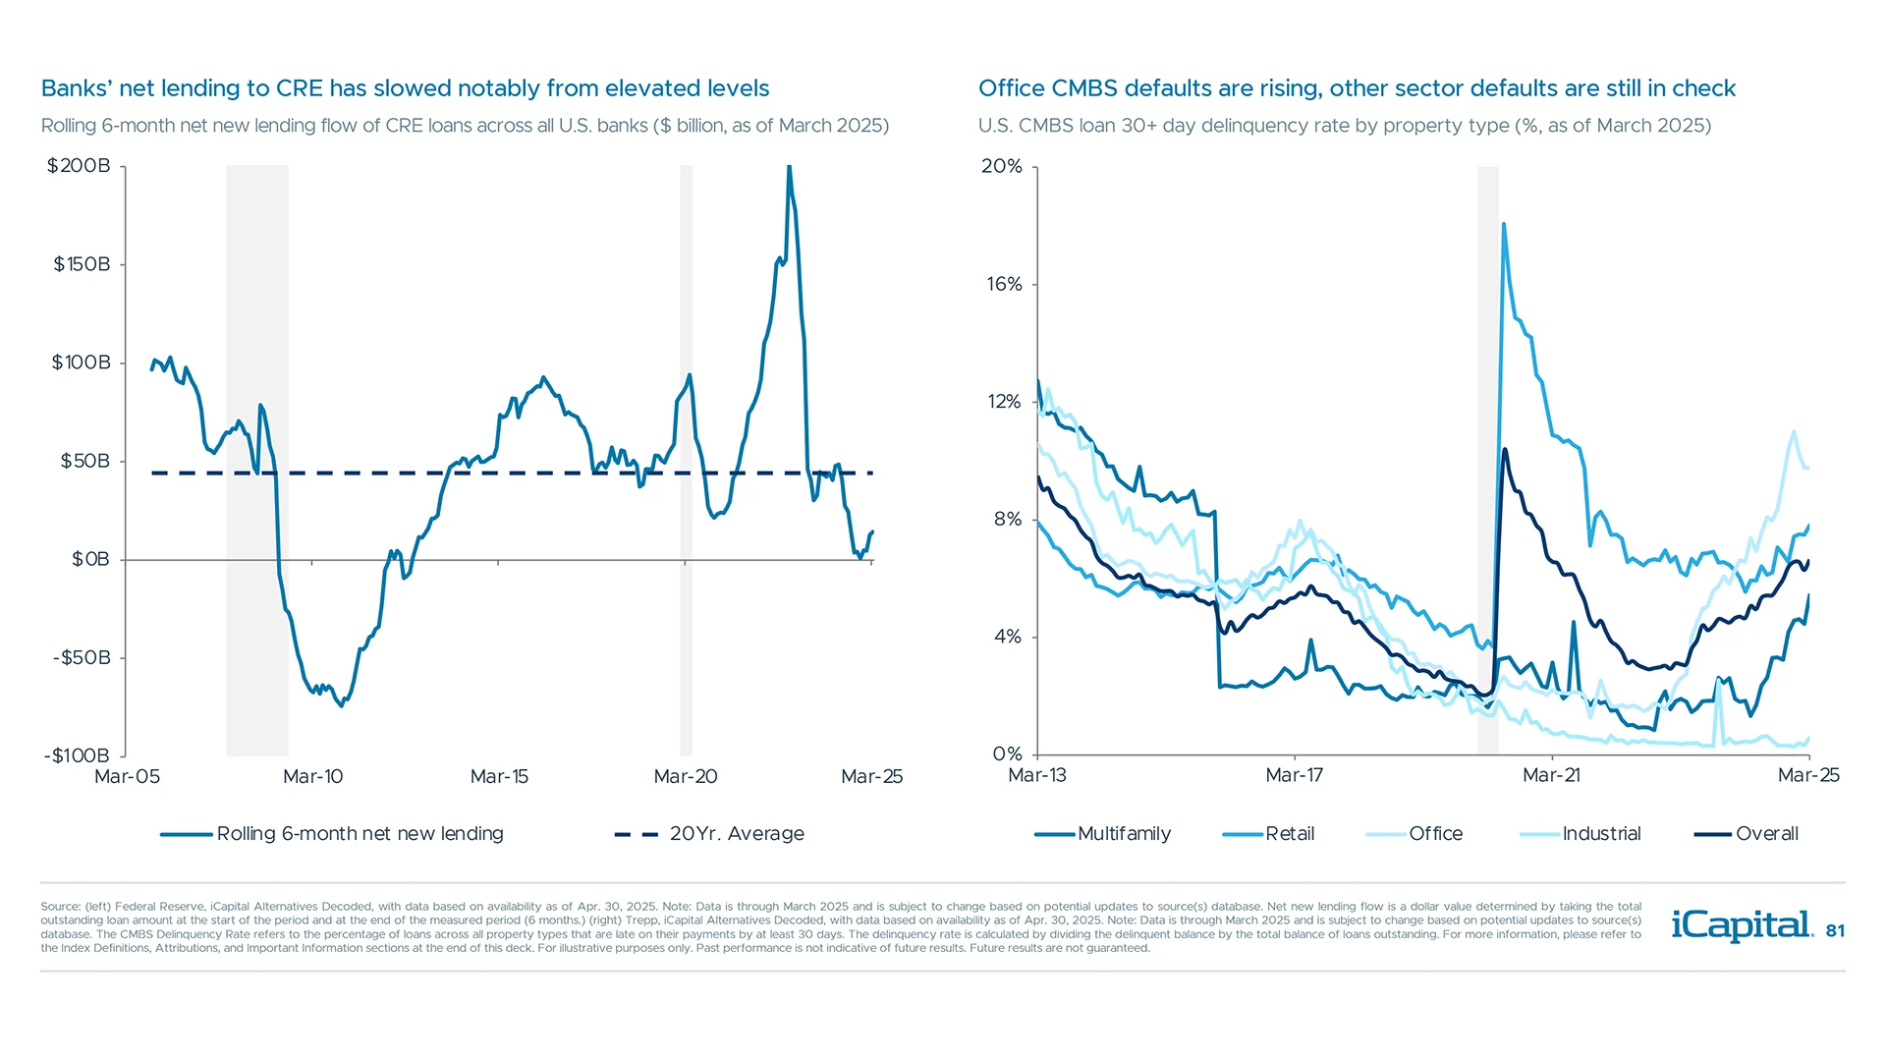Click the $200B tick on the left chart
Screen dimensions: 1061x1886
79,166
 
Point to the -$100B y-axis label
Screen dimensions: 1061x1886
77,755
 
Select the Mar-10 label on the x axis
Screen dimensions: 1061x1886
312,777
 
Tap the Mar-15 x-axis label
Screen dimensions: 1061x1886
499,777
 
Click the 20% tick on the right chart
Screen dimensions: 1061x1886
1002,166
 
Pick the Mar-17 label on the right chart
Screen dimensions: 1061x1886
1294,776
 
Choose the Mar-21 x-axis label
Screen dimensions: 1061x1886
1551,776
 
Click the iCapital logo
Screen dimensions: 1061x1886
1741,925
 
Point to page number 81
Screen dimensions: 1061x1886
1835,931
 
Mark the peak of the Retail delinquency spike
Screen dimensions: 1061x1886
1504,225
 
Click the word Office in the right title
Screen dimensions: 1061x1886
1011,88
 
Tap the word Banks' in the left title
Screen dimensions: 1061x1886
77,88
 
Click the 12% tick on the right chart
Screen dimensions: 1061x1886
1004,402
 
